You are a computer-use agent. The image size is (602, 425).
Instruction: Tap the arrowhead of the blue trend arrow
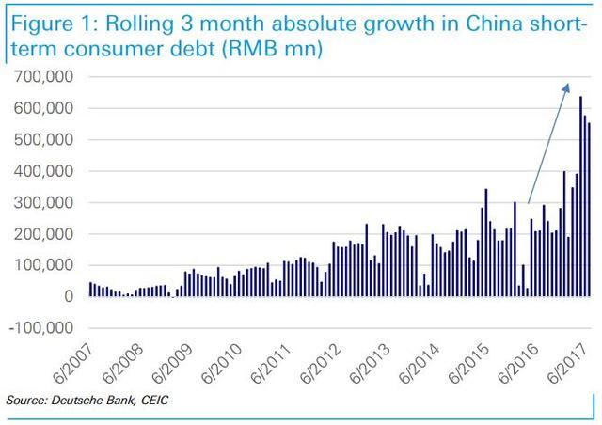click(x=566, y=88)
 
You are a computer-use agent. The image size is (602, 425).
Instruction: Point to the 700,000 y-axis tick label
click(x=43, y=77)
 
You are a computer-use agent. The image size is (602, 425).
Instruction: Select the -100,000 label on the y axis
click(x=40, y=328)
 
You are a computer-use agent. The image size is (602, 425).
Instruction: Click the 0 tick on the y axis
click(x=69, y=297)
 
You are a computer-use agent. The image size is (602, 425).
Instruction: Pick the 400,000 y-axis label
click(x=43, y=171)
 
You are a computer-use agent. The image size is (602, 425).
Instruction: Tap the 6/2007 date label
click(x=73, y=363)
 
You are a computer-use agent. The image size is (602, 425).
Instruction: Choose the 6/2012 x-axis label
click(x=320, y=363)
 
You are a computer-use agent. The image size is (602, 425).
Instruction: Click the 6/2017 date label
click(x=567, y=363)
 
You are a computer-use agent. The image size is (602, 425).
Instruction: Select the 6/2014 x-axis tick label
click(x=420, y=363)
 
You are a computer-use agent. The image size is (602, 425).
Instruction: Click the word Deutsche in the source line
click(x=77, y=400)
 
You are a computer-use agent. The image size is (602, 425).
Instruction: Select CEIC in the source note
click(x=154, y=400)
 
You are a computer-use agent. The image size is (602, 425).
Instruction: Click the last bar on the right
click(x=589, y=210)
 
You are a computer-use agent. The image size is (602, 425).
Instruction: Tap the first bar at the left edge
click(x=90, y=290)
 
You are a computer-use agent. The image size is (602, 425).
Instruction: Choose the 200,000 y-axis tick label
click(x=43, y=234)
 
